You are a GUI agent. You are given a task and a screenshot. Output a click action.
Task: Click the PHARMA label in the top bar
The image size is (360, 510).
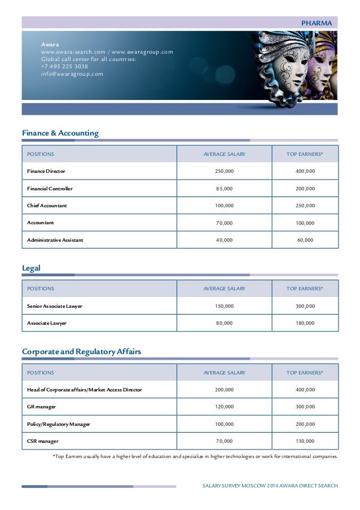319,23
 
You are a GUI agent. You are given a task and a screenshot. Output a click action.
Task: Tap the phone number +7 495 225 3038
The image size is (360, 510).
64,66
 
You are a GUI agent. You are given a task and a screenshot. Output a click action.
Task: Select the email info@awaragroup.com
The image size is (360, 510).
72,73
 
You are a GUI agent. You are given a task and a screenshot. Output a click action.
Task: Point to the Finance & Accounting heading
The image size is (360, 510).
60,133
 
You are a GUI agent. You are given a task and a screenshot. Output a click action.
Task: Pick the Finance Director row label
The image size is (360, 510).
46,171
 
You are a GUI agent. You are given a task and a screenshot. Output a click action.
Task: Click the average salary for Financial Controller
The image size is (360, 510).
224,189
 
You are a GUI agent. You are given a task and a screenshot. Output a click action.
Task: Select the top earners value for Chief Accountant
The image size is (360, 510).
305,206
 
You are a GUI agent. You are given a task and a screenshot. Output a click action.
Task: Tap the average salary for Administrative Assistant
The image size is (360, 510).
224,240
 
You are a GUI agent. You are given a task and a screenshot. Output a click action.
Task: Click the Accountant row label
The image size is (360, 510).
41,223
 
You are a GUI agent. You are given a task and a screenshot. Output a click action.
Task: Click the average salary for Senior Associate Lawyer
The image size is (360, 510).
224,306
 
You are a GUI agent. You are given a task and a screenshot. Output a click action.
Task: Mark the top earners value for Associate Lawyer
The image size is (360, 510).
305,323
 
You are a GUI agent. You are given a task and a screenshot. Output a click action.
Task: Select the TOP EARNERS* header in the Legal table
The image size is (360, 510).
305,289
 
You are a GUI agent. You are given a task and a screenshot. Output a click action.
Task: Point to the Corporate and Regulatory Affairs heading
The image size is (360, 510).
81,351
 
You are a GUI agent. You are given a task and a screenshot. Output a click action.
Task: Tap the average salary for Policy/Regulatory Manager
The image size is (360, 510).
224,424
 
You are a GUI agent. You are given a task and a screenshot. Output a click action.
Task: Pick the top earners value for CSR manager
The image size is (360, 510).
305,441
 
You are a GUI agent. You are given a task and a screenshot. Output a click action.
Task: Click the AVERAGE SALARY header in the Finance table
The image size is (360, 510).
224,154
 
